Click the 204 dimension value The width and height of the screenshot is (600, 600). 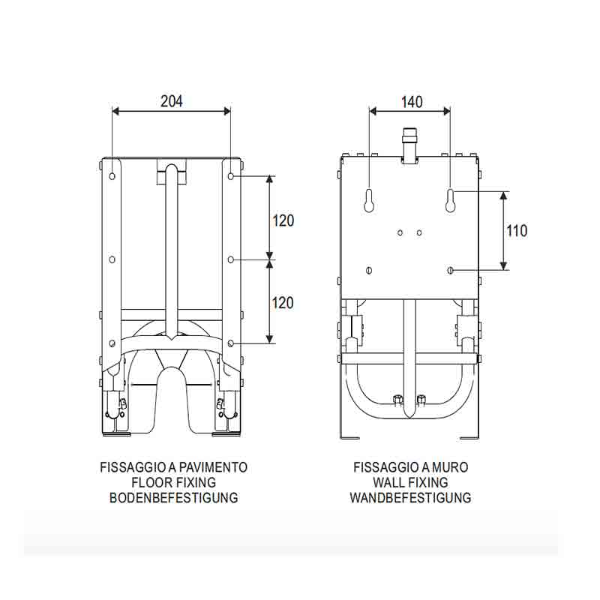point(172,101)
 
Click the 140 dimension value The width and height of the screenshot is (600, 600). point(412,102)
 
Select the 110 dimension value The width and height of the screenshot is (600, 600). point(517,231)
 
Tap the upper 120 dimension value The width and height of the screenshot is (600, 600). point(283,220)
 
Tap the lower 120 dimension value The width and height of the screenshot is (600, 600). point(283,303)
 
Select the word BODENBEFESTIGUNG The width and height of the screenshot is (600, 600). point(174,497)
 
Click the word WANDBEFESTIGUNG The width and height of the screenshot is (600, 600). point(410,497)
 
